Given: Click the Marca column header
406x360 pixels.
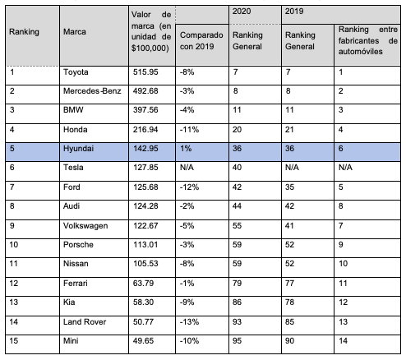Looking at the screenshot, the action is [x=75, y=32].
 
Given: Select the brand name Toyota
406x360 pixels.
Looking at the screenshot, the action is [x=76, y=72].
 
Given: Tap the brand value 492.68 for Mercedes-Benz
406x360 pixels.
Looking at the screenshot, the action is [x=145, y=91].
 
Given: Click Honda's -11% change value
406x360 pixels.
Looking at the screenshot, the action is [x=189, y=129].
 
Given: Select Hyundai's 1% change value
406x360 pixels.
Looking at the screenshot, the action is [x=186, y=149].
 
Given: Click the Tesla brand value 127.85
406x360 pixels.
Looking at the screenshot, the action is [x=145, y=168].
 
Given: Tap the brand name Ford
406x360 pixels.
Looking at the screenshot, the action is [x=72, y=187].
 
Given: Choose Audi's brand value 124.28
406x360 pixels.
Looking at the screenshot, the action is [x=145, y=205].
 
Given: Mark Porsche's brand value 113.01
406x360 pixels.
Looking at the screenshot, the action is [x=145, y=244].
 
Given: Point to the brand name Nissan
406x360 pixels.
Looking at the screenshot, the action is [x=76, y=264].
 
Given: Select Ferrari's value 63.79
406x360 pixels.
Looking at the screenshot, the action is [x=144, y=283].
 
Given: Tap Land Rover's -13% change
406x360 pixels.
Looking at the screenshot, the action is [x=189, y=321].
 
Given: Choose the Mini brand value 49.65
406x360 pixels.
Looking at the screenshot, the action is [x=144, y=341].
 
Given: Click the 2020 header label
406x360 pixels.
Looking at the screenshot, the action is [x=242, y=12].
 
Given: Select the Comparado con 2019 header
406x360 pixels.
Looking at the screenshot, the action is [x=201, y=41].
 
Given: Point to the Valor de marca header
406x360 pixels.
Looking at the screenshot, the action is [x=151, y=31].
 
